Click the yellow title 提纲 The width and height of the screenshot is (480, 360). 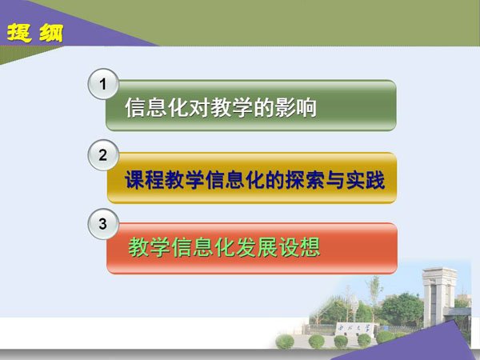coord(35,33)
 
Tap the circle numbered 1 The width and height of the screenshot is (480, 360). coord(103,84)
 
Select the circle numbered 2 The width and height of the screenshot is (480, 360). coord(103,155)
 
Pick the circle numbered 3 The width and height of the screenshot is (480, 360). coord(103,224)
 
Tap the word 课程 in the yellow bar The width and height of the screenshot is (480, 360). coord(145,180)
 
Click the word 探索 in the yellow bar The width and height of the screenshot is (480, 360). coord(305,180)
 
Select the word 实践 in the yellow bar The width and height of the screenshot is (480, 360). coord(366,180)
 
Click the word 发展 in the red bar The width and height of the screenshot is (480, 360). coord(257,247)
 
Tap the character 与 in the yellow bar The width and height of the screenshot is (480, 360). coord(335,180)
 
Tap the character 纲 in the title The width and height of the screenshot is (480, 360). coord(51,33)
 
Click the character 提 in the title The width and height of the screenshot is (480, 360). coord(19,33)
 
